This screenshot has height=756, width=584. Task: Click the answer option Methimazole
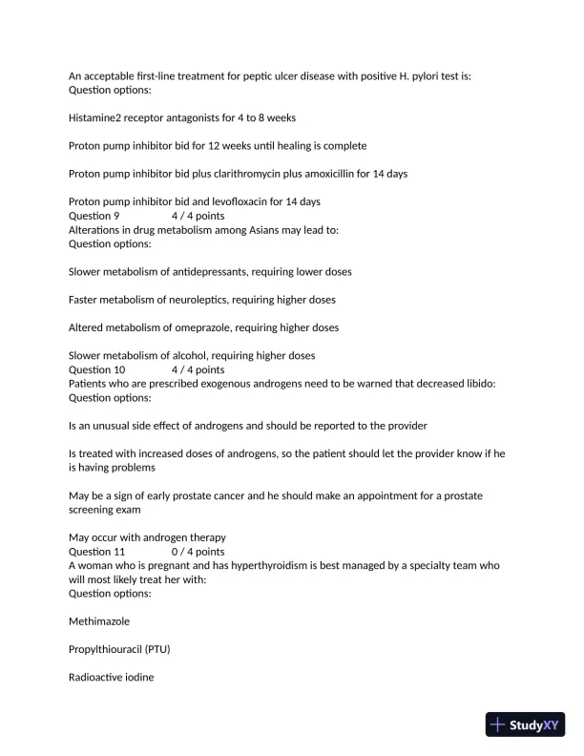tap(99, 620)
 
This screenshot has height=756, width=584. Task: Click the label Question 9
tap(97, 216)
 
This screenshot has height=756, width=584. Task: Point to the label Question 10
tap(100, 369)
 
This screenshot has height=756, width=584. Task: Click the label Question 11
tap(100, 551)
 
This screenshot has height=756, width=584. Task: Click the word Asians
tap(240, 230)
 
